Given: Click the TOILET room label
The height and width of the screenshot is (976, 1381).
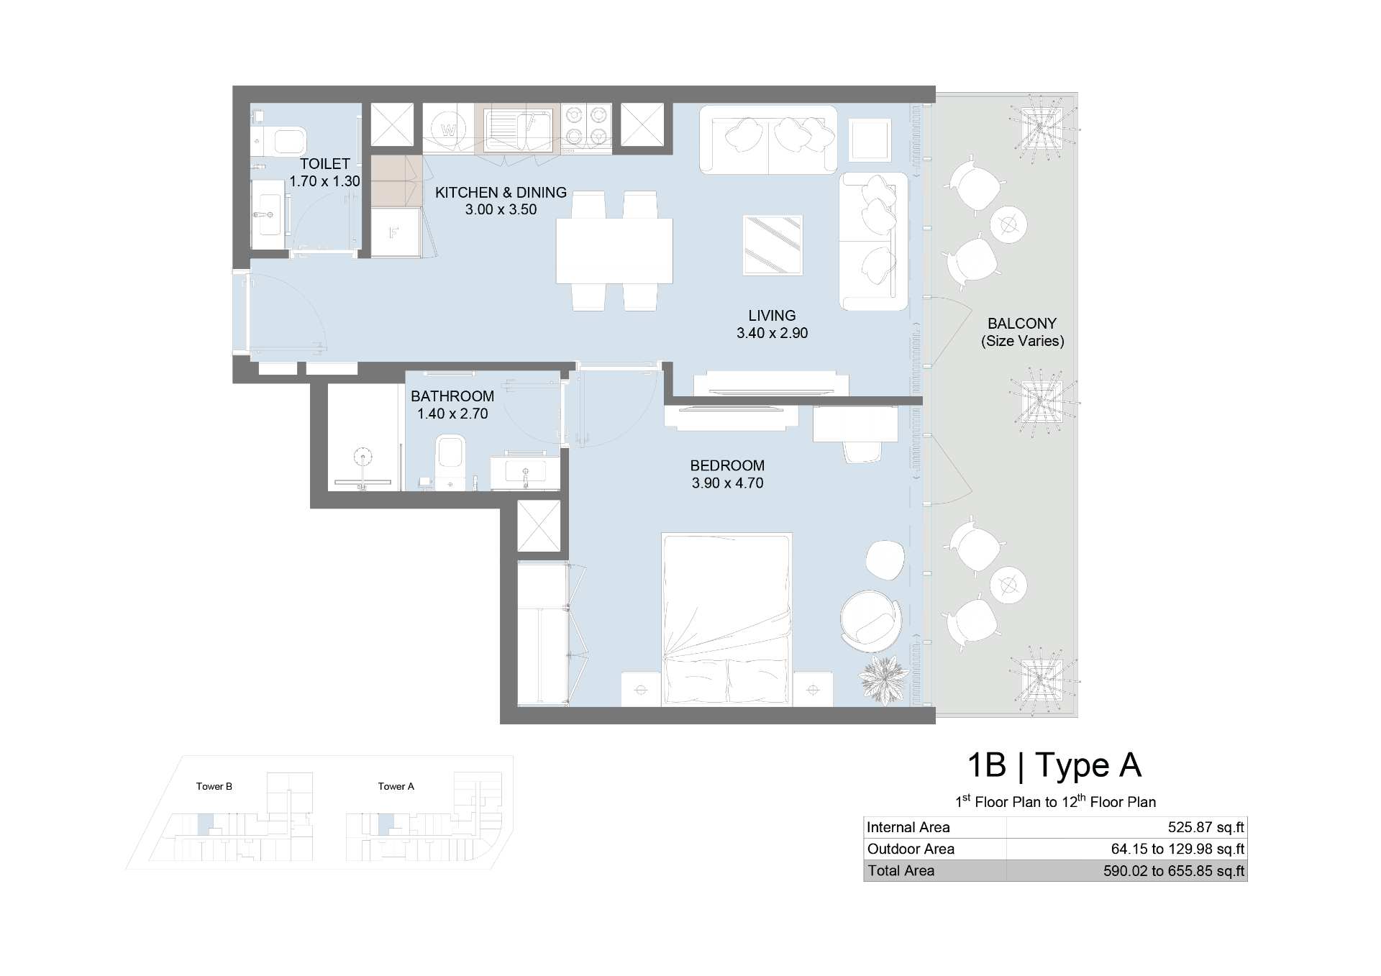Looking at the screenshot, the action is tap(325, 164).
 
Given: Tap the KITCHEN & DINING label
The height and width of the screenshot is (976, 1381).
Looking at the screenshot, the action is tap(501, 193).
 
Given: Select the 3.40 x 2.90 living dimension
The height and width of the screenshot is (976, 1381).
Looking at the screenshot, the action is tap(772, 333).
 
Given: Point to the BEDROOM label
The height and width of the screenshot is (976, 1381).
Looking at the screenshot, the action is tap(727, 465).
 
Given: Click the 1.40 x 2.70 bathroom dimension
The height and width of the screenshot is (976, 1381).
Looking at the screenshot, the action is tap(452, 414).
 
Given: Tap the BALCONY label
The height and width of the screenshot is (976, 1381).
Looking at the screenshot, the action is tap(1022, 324).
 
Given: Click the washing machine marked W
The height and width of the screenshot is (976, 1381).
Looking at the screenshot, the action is tap(448, 129).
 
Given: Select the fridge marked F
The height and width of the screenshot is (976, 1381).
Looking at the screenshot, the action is tap(395, 232).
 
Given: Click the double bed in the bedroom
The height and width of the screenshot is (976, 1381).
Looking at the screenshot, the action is tap(726, 619).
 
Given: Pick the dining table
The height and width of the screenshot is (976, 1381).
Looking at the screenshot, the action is tap(614, 251).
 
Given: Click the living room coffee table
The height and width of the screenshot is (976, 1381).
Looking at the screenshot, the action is tap(772, 245).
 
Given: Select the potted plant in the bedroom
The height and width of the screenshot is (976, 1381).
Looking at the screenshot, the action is tap(883, 678).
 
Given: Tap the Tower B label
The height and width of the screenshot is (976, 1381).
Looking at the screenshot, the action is tap(214, 786).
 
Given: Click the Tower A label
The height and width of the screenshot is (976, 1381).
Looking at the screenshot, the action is tap(396, 786).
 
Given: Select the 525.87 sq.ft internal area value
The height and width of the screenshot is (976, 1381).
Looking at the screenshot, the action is tap(1206, 827).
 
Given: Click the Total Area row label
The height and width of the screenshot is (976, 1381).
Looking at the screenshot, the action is tap(901, 870).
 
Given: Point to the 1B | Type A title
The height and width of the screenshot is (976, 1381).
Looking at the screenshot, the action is tap(1054, 765).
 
